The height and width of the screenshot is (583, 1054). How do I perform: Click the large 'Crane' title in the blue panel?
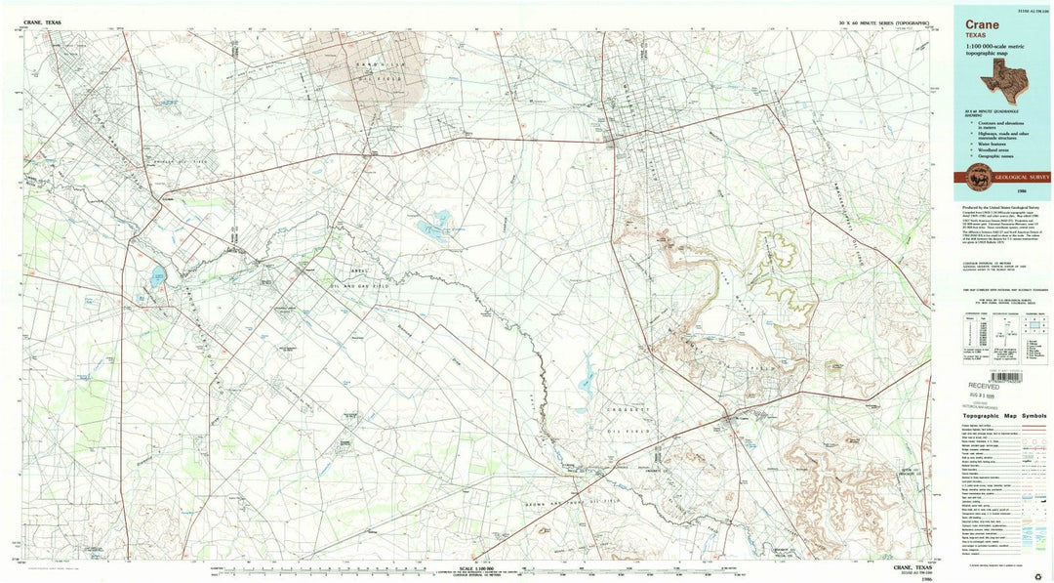coord(981,23)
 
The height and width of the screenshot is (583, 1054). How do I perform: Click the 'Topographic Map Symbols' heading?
coord(1006,414)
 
